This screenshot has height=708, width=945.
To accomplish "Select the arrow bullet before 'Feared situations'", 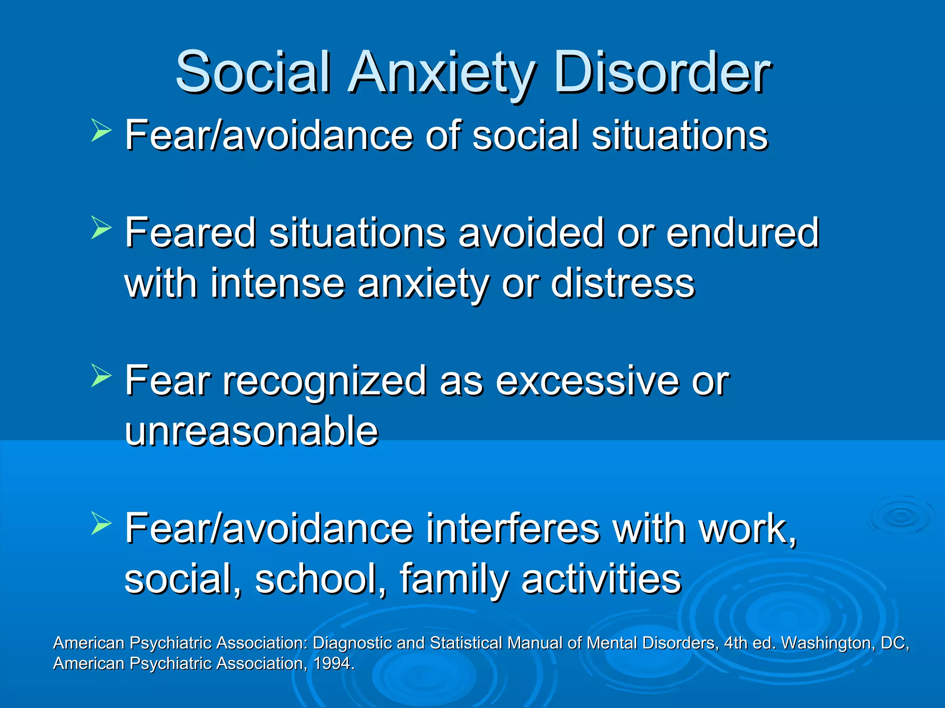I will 101,228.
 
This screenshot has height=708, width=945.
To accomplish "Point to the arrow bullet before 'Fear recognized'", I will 101,376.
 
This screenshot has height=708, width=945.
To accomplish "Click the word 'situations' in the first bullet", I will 679,136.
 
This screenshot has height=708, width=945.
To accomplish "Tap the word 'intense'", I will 277,283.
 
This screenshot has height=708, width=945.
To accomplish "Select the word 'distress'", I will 622,283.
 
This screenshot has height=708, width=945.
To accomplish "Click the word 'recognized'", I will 324,382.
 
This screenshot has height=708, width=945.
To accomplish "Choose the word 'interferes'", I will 513,529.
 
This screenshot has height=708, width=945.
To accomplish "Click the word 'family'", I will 454,580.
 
